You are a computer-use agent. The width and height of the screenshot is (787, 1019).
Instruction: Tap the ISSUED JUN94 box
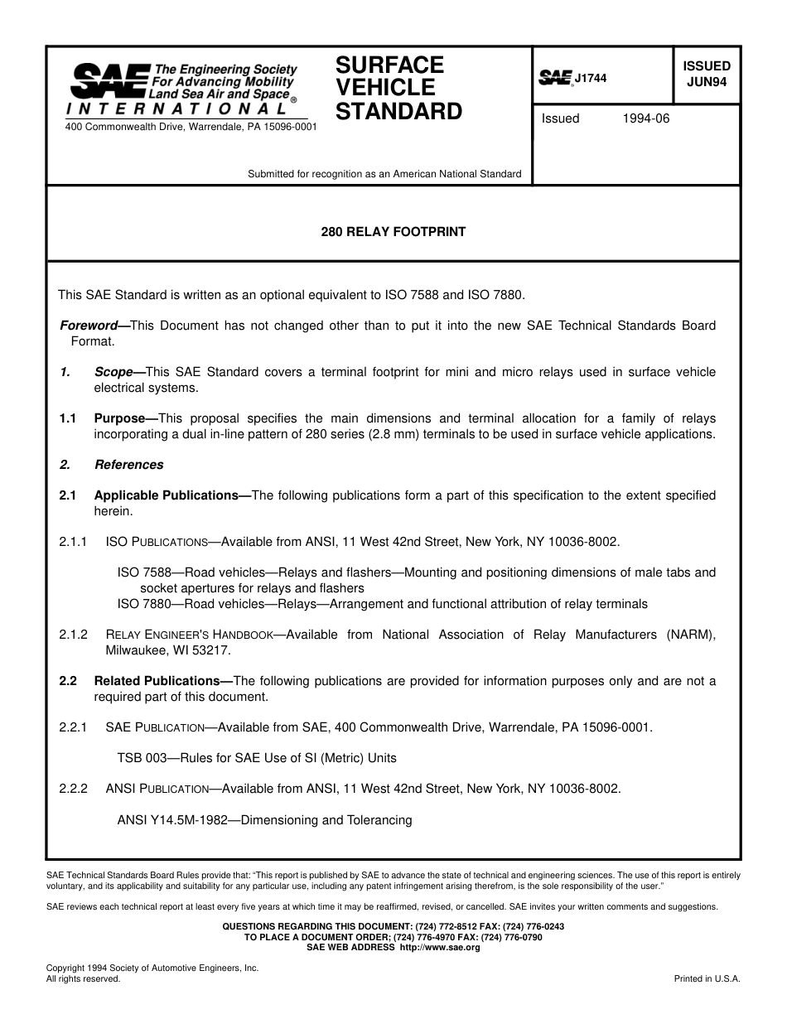tap(706, 74)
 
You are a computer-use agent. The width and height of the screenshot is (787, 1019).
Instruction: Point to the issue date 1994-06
tap(645, 118)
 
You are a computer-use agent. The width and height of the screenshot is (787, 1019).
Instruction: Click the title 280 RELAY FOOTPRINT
tap(393, 232)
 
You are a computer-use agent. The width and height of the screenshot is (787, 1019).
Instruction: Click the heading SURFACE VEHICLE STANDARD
tap(398, 88)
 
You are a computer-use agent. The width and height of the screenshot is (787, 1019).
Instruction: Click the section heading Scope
tap(113, 372)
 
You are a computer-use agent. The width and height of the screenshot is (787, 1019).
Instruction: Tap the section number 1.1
tap(68, 418)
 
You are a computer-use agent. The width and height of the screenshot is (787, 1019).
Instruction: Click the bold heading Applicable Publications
tap(171, 495)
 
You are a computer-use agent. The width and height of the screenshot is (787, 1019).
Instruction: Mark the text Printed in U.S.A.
tap(707, 978)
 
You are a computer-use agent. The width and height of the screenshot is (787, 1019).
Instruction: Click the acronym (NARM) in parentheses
tap(691, 635)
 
